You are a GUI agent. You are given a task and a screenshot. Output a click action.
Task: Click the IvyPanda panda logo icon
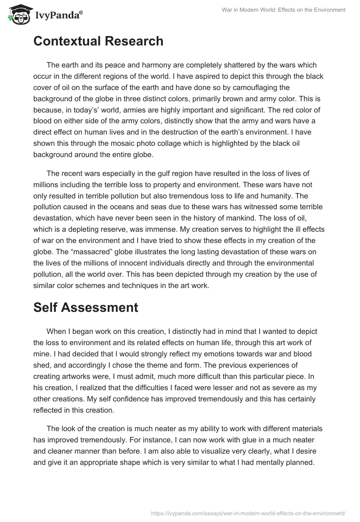(18, 14)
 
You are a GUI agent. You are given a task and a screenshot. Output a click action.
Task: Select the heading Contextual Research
(98, 41)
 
